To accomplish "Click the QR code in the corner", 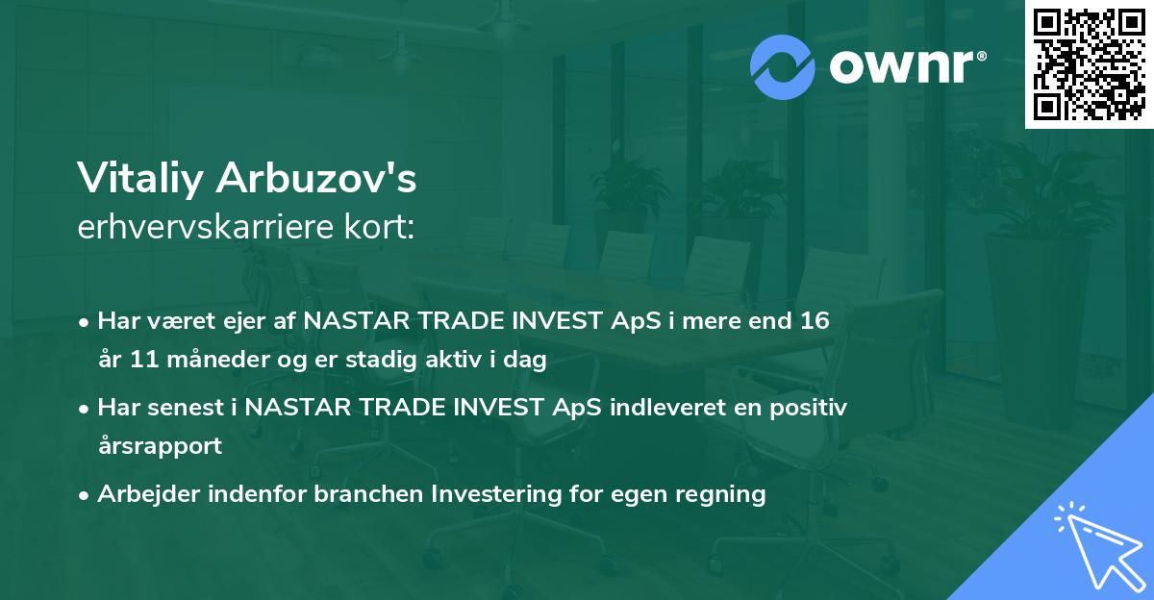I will [1089, 64].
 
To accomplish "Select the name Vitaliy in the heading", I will [142, 178].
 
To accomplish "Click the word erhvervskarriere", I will [198, 228].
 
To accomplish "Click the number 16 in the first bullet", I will [813, 321].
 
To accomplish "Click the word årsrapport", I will [160, 446].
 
